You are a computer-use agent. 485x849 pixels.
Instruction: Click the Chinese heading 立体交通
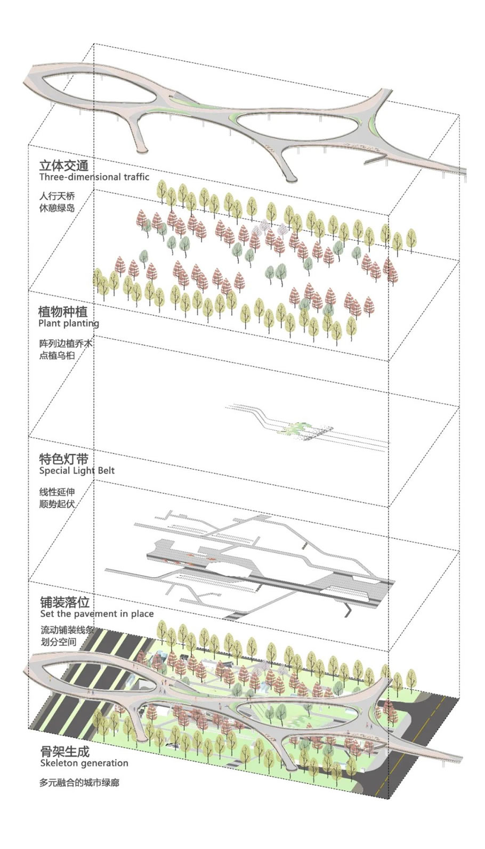click(64, 165)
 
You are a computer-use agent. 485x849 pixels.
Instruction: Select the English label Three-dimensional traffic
click(94, 177)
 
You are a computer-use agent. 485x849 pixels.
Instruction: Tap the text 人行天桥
click(57, 197)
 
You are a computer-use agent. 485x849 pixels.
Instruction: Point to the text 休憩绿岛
click(57, 208)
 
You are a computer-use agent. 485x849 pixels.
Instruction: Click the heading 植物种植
click(63, 312)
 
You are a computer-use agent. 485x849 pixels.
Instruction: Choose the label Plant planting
click(69, 324)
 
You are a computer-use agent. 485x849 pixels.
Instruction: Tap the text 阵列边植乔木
click(66, 344)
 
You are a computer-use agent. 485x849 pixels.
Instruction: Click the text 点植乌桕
click(57, 355)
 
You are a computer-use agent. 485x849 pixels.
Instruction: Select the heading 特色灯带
click(64, 459)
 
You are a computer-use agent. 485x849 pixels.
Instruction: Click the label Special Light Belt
click(77, 471)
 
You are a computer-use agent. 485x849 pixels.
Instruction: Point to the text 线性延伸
click(57, 492)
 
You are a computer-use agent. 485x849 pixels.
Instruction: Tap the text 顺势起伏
click(57, 504)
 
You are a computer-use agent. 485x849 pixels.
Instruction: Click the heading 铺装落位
click(65, 602)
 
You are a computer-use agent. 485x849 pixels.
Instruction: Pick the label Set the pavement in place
click(97, 614)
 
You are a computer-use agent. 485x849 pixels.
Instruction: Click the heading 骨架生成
click(65, 752)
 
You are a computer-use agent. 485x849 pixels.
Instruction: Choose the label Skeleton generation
click(84, 763)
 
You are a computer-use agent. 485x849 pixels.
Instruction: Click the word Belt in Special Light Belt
click(104, 471)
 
